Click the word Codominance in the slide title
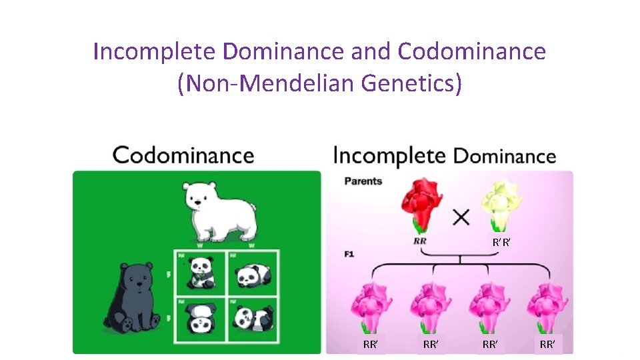point(472,51)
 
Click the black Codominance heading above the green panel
point(183,155)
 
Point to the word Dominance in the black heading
point(505,156)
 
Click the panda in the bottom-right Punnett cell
point(253,319)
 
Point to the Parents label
point(363,181)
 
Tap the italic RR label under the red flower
point(420,241)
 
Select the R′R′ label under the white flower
point(502,243)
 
